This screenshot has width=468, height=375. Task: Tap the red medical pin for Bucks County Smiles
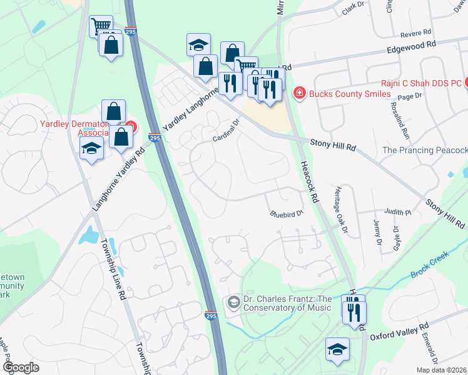299,94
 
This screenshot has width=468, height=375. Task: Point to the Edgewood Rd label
410,46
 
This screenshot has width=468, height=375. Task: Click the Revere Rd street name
419,31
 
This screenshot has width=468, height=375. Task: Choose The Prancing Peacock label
424,150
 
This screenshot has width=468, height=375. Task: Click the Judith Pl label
398,212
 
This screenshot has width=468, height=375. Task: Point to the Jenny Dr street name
377,232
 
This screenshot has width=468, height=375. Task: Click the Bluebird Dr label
287,214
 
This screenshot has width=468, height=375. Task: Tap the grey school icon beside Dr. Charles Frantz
234,303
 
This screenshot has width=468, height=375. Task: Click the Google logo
21,367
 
